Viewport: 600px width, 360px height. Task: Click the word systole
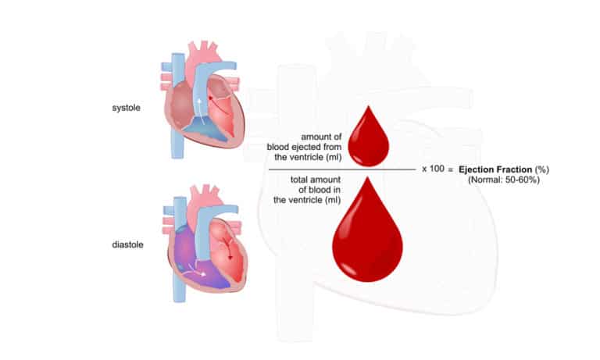(x=126, y=108)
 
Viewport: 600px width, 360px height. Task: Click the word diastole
(x=127, y=244)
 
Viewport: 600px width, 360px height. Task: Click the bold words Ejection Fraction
(x=495, y=169)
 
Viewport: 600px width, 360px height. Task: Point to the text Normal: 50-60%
(x=504, y=180)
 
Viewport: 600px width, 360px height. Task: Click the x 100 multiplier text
(x=433, y=169)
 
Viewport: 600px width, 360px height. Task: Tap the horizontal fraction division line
(x=342, y=169)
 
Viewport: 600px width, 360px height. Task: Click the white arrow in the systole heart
(x=199, y=106)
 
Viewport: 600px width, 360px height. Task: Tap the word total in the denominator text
(x=300, y=180)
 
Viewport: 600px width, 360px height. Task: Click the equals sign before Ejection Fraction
(x=451, y=169)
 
